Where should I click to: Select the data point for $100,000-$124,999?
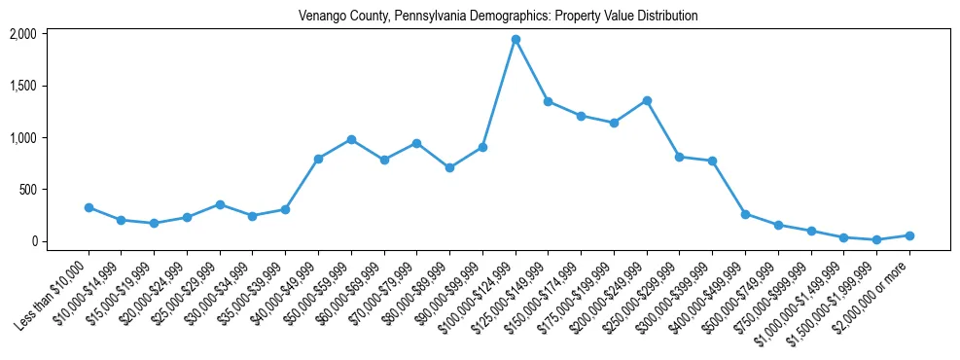(516, 40)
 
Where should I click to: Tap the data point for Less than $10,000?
(89, 207)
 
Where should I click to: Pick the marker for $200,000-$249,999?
(647, 100)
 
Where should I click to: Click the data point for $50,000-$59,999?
(351, 139)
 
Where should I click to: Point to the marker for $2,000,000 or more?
(909, 235)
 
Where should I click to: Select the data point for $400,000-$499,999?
(745, 214)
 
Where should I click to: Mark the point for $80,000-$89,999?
(449, 167)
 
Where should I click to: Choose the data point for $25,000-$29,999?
(220, 204)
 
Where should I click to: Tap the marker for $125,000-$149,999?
(549, 101)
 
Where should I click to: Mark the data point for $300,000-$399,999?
(713, 161)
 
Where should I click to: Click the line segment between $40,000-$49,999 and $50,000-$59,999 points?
(335, 149)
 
